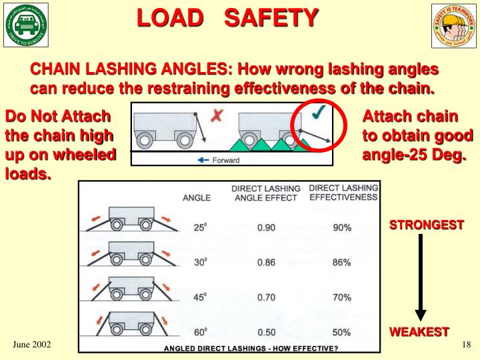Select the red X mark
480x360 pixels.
tap(217, 116)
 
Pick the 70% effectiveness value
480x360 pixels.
tap(342, 297)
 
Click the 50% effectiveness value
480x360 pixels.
tap(342, 332)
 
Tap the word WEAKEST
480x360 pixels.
tap(419, 331)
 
